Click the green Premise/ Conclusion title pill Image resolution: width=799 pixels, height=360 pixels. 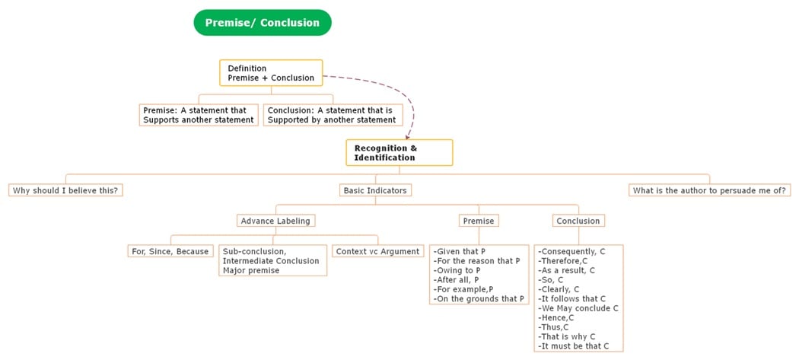[x=263, y=23]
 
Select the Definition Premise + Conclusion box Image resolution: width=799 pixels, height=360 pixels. [x=271, y=73]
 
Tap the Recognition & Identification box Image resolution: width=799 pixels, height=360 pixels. [x=399, y=152]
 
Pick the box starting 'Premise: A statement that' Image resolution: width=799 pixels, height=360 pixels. [x=198, y=115]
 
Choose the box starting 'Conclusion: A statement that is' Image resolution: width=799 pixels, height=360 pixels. [x=333, y=115]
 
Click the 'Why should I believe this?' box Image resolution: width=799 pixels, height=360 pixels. [x=65, y=190]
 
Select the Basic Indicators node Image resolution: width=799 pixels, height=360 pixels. [x=375, y=190]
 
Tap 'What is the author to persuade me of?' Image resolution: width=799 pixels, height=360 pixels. [x=709, y=190]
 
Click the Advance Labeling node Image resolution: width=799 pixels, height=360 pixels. [x=276, y=221]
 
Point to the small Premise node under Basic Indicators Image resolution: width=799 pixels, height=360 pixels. [x=479, y=221]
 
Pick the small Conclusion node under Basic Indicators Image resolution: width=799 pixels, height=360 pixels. [x=578, y=221]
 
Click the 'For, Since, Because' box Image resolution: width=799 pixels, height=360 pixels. [x=170, y=251]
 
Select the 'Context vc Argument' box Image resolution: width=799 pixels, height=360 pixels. [x=377, y=251]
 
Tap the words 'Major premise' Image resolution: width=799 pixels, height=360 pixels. [x=250, y=270]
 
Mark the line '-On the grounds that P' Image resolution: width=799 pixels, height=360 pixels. [x=479, y=299]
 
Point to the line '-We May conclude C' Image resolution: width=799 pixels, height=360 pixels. [x=578, y=308]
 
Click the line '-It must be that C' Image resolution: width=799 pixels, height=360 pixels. [x=575, y=346]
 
